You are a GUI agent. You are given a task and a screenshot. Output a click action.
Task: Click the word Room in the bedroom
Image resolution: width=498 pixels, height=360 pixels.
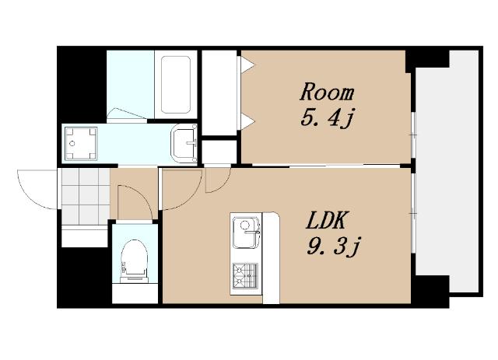pos(327,92)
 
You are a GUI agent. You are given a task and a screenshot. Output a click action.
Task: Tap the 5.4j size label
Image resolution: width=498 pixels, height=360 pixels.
pos(327,119)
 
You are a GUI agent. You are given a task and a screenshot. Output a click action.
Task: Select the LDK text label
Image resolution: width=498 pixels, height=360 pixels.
pos(325,220)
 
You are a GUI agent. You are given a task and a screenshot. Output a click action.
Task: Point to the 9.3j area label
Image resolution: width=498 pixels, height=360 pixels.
pos(334,246)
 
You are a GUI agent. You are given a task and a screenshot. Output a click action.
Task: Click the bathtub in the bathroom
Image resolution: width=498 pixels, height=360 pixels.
pos(176,85)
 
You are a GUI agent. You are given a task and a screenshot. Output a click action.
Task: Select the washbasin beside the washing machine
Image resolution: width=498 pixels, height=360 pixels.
pos(184,143)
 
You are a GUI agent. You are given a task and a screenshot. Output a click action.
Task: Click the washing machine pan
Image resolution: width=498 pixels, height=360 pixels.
pos(81,144)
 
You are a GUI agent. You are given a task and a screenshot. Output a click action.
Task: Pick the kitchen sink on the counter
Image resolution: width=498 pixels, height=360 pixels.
pos(246,232)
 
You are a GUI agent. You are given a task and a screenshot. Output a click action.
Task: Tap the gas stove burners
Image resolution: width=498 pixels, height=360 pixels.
pos(244,276)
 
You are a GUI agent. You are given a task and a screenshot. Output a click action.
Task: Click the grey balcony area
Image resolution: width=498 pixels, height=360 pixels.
pos(447,171)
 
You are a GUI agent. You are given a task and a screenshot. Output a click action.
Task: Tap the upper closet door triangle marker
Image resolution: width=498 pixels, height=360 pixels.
pos(247,65)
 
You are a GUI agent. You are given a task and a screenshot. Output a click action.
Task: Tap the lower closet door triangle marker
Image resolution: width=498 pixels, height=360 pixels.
pos(247,121)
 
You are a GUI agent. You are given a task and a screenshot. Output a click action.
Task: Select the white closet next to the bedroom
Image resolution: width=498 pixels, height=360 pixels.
pos(219,93)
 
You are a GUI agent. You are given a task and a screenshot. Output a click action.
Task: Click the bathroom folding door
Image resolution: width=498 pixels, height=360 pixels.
pos(127,115)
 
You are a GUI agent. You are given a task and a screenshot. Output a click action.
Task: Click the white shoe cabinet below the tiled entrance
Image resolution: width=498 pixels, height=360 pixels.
pos(85,238)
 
